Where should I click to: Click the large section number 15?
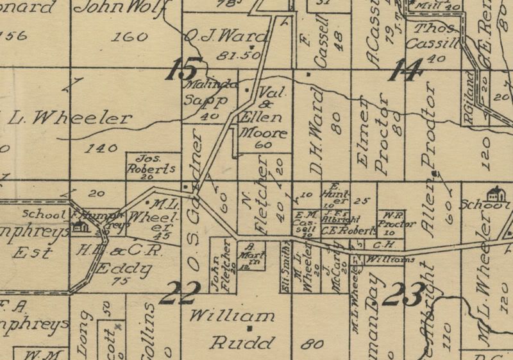pos(185,69)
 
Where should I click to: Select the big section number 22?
pos(180,293)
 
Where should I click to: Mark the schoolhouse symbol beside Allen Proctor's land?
pos(494,193)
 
